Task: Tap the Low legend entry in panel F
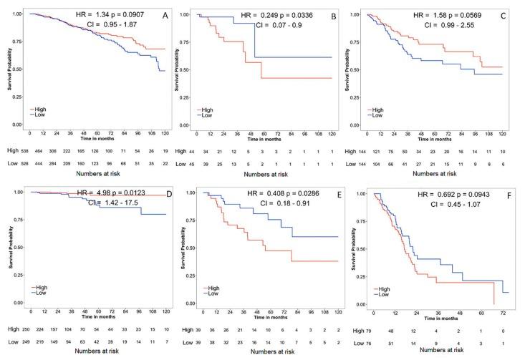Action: [385, 294]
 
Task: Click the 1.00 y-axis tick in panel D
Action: [18, 192]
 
